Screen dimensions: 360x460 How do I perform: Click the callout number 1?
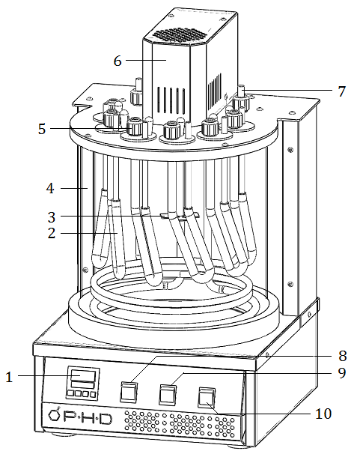click(10, 377)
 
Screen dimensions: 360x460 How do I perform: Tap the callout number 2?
click(52, 233)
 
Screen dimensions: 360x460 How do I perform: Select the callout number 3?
click(52, 217)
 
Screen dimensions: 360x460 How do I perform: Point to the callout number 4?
click(50, 188)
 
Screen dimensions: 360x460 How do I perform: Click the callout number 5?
click(42, 129)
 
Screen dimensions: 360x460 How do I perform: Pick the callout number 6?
click(118, 61)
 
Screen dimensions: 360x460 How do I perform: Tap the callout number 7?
click(342, 91)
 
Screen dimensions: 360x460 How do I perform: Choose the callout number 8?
click(342, 356)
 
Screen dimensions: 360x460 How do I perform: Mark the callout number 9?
click(342, 373)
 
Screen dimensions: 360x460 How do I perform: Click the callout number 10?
click(323, 414)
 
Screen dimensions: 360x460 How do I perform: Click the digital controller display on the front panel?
click(83, 375)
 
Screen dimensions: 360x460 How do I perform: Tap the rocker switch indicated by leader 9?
click(168, 395)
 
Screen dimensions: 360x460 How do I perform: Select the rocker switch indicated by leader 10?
click(207, 398)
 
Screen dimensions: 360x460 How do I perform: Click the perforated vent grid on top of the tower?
click(179, 35)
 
